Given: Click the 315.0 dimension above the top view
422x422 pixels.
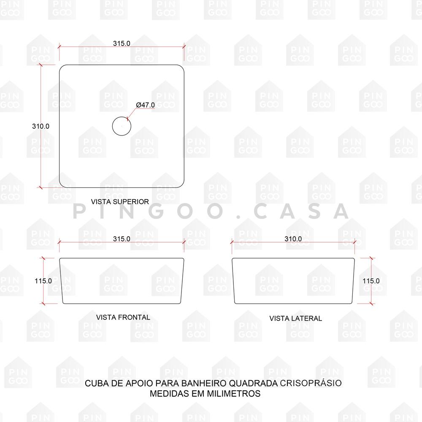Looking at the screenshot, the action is pos(122,43).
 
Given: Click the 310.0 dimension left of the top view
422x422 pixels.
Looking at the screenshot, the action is pos(41,126).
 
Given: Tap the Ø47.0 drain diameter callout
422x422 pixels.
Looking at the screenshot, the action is pos(145,105).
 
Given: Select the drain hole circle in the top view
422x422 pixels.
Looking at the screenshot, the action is pos(122,116).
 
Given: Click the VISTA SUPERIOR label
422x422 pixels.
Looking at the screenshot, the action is pos(120,202).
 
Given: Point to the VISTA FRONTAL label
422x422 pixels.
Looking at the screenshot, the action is pos(123,317).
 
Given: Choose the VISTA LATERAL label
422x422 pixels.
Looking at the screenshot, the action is pos(295,318).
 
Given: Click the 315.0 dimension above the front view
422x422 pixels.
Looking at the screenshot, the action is pos(122,239).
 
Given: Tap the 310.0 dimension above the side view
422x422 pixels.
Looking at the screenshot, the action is pos(293,239).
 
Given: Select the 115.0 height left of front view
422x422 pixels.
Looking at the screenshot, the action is pos(43,281).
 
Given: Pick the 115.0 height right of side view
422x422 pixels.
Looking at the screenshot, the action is pos(371,281).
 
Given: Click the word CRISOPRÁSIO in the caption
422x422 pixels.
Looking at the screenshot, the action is pos(311,383).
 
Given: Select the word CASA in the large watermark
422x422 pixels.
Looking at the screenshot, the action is pos(301,211).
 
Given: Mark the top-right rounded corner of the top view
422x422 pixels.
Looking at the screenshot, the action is pos(181,67).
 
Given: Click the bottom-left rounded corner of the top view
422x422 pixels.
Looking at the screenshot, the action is pos(62,185).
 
